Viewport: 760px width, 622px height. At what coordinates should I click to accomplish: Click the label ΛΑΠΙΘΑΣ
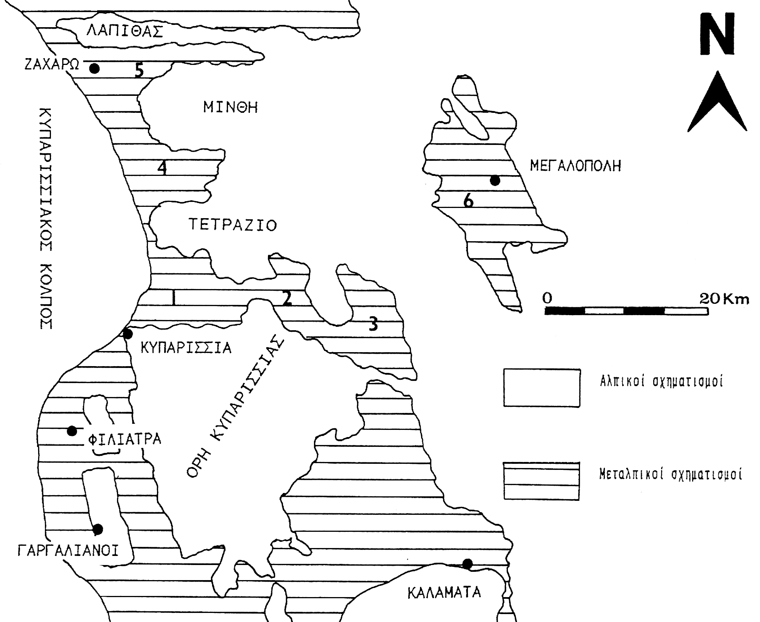125,31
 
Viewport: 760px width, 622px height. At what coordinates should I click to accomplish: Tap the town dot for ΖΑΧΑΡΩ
94,68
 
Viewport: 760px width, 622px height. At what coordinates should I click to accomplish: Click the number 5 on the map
140,70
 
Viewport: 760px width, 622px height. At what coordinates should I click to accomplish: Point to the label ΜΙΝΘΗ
231,108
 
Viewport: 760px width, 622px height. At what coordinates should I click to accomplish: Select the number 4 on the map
162,168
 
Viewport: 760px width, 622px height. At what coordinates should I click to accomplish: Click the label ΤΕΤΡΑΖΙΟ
233,225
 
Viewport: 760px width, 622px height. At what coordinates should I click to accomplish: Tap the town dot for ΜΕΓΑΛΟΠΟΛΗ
495,181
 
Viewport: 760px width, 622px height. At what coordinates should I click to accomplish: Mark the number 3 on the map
373,324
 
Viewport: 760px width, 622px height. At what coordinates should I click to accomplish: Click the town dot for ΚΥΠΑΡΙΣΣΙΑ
128,334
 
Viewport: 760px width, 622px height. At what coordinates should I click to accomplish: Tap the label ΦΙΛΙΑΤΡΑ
125,439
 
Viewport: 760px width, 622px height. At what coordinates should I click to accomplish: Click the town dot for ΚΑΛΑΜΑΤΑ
467,564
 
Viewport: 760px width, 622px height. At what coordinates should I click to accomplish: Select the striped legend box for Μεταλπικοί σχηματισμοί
542,481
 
